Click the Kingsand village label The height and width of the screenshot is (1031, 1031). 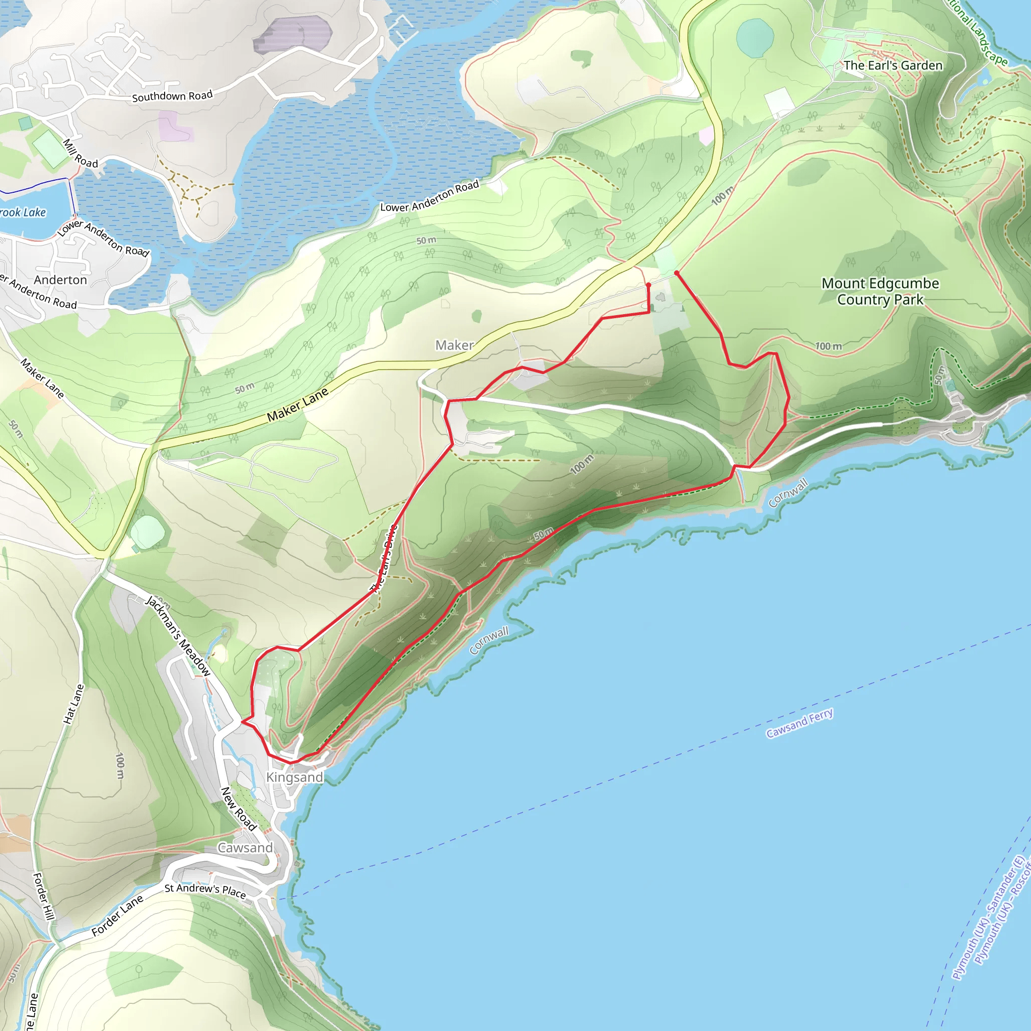click(x=294, y=777)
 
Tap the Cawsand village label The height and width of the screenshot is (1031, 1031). click(x=245, y=847)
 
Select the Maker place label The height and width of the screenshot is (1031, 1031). click(x=454, y=345)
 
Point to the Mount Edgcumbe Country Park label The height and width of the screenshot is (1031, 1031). click(x=880, y=291)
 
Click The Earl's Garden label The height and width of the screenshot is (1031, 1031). click(x=893, y=65)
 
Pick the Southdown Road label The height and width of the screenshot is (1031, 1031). click(x=172, y=96)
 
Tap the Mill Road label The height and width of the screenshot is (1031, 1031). click(x=81, y=153)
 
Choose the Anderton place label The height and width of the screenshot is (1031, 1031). click(x=60, y=279)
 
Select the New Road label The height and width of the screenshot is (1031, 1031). click(x=239, y=808)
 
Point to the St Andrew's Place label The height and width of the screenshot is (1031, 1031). click(x=205, y=890)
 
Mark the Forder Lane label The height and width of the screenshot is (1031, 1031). click(x=117, y=915)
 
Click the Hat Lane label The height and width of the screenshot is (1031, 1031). click(x=73, y=704)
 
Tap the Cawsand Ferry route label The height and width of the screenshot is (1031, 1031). click(x=799, y=723)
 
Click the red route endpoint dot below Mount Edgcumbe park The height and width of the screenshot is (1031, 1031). click(x=676, y=273)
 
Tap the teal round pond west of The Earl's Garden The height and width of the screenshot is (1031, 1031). click(x=755, y=38)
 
